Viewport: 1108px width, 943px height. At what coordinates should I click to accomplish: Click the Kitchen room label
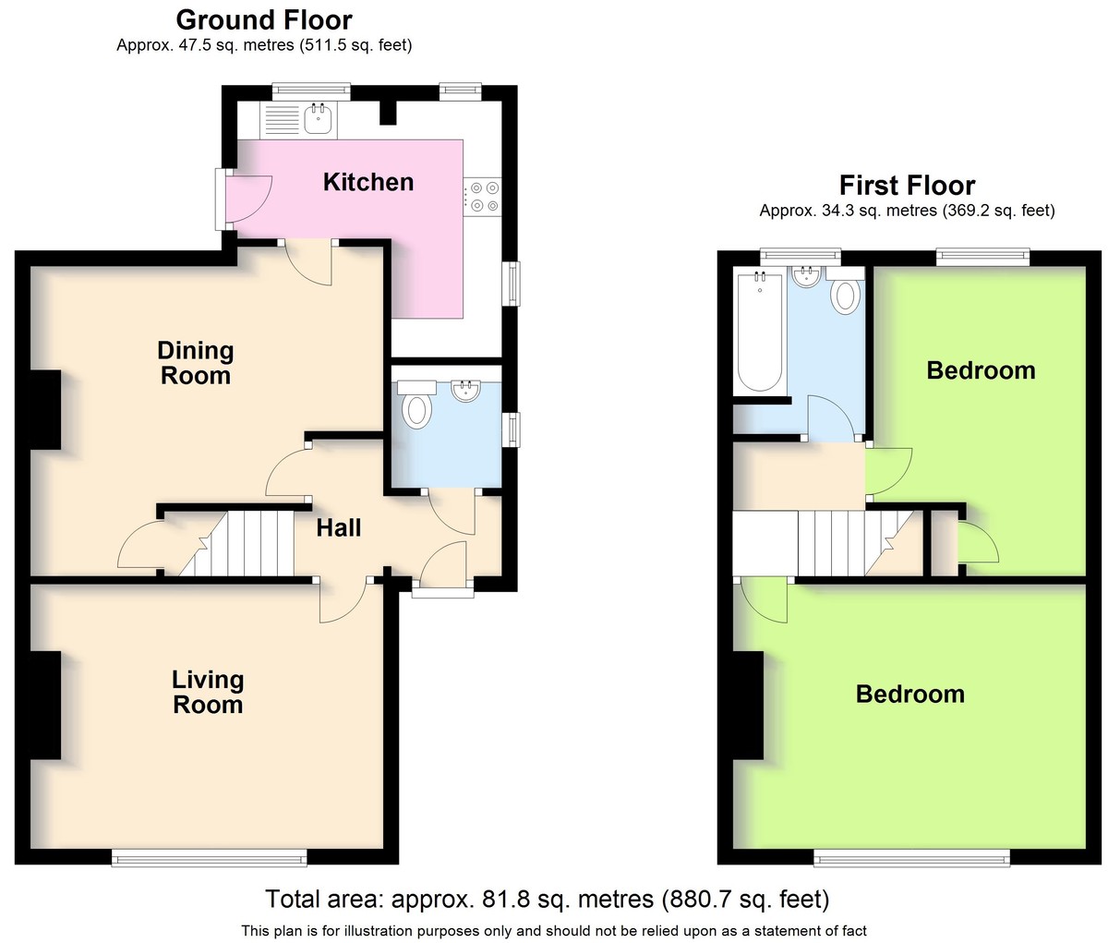[x=368, y=182]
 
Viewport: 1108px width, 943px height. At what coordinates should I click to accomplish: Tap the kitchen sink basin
[x=319, y=119]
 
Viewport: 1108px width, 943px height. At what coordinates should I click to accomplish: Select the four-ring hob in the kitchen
[x=482, y=197]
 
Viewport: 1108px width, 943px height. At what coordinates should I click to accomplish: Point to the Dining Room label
[x=196, y=363]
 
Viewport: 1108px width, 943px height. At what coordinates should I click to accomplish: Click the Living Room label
[x=208, y=692]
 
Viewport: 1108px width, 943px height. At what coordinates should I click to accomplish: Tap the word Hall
[x=338, y=528]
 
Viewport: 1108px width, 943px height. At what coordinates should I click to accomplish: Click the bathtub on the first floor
[x=760, y=332]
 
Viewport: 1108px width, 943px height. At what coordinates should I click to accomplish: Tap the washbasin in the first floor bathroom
[x=806, y=276]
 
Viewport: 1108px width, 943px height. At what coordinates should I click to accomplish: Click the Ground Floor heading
[x=264, y=20]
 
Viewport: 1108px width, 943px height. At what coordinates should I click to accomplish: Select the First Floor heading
[x=907, y=186]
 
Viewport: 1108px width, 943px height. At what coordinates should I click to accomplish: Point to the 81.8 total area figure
[x=504, y=899]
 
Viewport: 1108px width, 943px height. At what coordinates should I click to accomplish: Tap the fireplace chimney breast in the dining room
[x=45, y=409]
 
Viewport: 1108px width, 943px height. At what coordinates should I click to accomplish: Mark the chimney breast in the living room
[x=45, y=705]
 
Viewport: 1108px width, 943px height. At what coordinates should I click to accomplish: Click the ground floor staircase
[x=235, y=543]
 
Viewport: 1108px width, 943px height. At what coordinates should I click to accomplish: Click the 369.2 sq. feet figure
[x=999, y=211]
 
